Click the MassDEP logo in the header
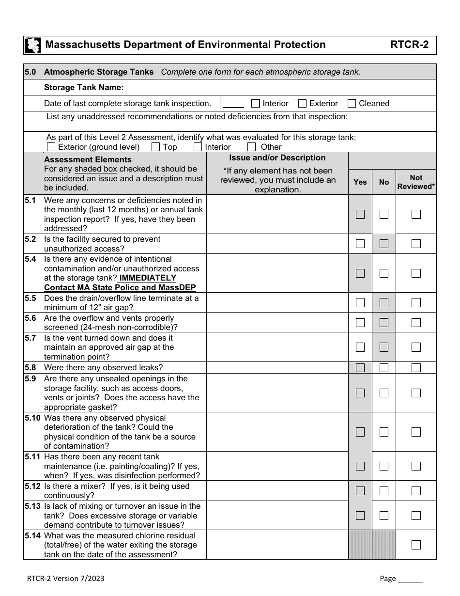pyautogui.click(x=32, y=45)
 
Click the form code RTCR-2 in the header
pyautogui.click(x=409, y=45)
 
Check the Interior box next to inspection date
pyautogui.click(x=256, y=103)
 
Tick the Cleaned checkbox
pyautogui.click(x=352, y=103)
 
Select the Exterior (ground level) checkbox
pyautogui.click(x=51, y=147)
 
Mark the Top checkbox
pyautogui.click(x=156, y=147)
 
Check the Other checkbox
pyautogui.click(x=251, y=147)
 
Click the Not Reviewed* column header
pyautogui.click(x=416, y=182)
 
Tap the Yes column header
pyautogui.click(x=360, y=182)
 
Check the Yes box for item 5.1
pyautogui.click(x=360, y=214)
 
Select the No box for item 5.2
pyautogui.click(x=384, y=244)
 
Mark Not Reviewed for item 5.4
pyautogui.click(x=416, y=273)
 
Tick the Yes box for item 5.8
pyautogui.click(x=360, y=368)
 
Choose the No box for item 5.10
pyautogui.click(x=384, y=432)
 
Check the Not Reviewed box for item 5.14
pyautogui.click(x=416, y=545)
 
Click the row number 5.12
pyautogui.click(x=33, y=486)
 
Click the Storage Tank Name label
pyautogui.click(x=84, y=88)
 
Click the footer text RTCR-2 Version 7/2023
pyautogui.click(x=65, y=579)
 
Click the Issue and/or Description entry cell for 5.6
pyautogui.click(x=277, y=322)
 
